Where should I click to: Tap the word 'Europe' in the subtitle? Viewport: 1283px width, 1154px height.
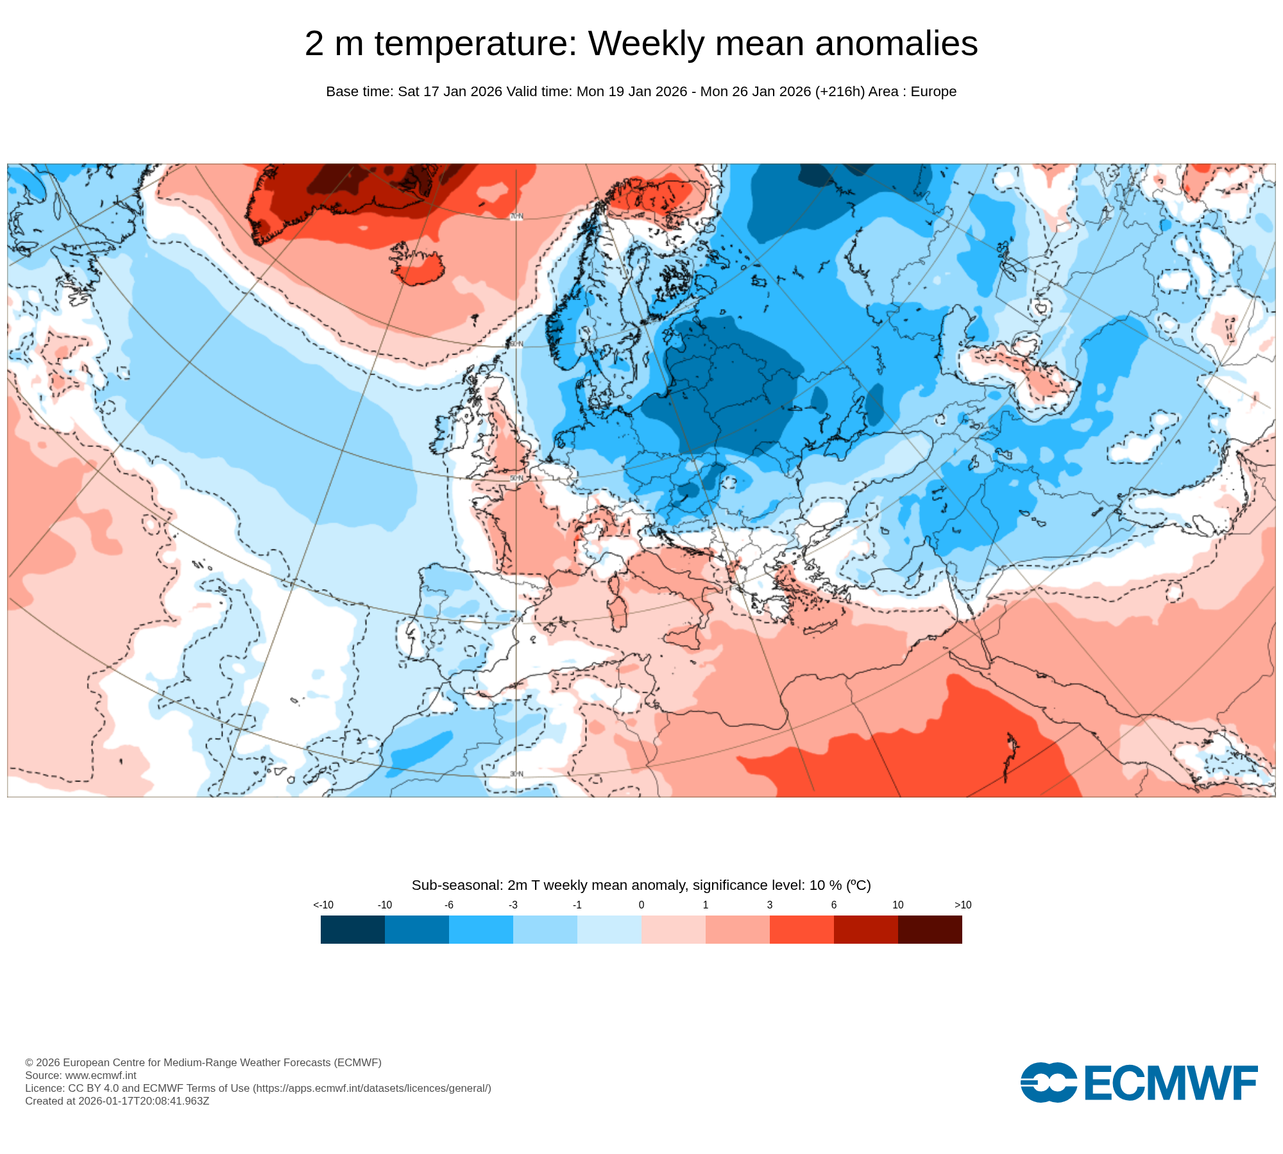933,92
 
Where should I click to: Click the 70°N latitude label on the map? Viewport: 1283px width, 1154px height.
516,217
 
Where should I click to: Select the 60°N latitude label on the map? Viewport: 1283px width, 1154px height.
516,344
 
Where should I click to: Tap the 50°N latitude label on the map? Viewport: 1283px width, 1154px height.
516,478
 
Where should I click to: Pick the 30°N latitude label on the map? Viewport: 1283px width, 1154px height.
516,774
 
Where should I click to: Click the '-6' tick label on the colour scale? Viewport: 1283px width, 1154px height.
449,905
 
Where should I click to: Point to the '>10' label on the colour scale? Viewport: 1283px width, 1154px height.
962,905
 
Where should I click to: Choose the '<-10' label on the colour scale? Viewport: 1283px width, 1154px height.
323,905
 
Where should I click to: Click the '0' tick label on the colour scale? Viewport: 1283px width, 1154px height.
641,905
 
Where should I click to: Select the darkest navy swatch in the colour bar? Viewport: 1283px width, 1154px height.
353,930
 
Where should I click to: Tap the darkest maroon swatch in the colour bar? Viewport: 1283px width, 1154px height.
930,930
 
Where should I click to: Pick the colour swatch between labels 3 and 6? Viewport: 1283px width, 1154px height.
802,930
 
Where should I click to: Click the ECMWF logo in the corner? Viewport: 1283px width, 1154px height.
1139,1083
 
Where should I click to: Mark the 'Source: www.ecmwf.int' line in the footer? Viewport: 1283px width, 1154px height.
81,1075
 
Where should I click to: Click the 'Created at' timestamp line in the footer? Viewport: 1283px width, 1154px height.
117,1101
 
